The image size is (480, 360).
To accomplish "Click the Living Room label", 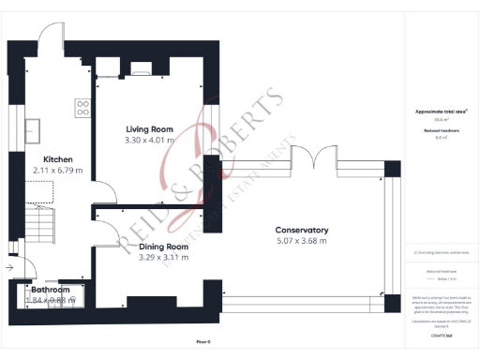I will click(x=150, y=128).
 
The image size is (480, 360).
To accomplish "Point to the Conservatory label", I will click(x=301, y=230).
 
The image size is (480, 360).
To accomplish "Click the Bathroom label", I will click(x=51, y=290).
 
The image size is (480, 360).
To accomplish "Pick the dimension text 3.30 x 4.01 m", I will click(x=150, y=140).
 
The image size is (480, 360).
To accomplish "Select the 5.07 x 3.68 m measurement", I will click(x=301, y=241).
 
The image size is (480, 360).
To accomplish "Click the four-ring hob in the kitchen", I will click(x=82, y=107).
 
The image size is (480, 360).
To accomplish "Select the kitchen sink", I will click(x=31, y=127).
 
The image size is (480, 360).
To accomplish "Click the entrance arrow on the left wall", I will click(x=10, y=267).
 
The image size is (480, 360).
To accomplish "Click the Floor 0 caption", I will click(x=202, y=341).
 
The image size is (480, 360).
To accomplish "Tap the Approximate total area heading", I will click(x=442, y=112).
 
